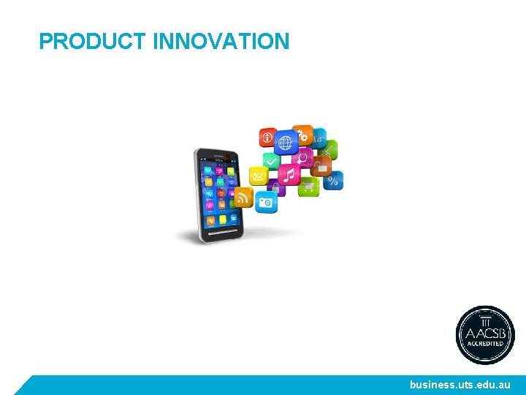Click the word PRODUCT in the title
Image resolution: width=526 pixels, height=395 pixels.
coord(94,42)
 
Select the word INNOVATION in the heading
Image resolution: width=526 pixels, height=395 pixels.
coord(221,42)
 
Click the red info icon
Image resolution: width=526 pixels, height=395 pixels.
coord(267,137)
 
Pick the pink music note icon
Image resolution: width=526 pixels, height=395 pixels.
coord(289,175)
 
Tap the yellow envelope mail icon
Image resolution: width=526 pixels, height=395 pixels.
coord(259,176)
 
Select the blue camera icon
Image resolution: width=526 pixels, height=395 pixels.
coord(266,201)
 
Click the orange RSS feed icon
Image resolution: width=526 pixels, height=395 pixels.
coord(243,197)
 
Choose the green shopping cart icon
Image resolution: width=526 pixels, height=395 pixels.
coord(308,187)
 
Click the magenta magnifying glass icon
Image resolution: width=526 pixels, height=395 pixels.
coord(302,158)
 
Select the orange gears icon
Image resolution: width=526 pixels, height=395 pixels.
coord(303,135)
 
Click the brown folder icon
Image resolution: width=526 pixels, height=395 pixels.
coord(322,165)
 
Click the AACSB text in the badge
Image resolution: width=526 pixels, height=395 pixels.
coord(486,331)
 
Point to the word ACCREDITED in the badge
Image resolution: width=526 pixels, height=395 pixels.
coord(486,342)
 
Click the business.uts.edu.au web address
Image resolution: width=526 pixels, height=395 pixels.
coord(460,385)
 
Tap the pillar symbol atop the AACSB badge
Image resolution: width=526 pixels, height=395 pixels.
coord(486,318)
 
